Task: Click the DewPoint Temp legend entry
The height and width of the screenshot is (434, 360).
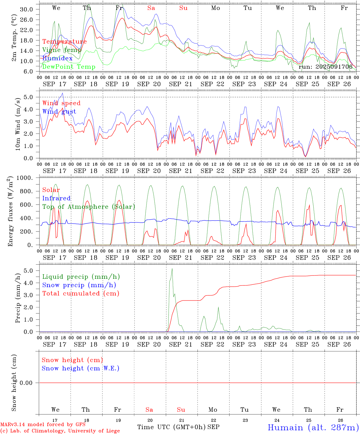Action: [69, 67]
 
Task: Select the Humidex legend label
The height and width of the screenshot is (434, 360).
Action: [57, 58]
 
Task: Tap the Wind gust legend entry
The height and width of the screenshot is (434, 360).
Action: [59, 112]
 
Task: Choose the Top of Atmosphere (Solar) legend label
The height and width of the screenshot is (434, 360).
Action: [89, 207]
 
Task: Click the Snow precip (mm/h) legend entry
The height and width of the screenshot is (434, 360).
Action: [79, 285]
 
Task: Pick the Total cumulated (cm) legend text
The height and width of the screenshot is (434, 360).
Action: [81, 294]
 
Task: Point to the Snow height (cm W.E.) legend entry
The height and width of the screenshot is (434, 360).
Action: [81, 368]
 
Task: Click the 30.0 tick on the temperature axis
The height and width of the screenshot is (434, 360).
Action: [27, 9]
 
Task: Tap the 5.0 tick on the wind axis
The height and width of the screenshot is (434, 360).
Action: [28, 97]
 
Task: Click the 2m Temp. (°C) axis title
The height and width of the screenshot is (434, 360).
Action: [14, 41]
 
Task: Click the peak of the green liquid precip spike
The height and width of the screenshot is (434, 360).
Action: [172, 269]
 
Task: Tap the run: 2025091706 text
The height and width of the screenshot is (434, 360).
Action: [325, 67]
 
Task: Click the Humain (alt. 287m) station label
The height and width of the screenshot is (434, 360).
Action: [313, 428]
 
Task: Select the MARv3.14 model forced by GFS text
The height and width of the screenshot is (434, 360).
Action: [43, 425]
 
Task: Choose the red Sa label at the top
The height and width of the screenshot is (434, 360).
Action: [151, 8]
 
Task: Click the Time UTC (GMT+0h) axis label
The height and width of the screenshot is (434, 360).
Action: [172, 427]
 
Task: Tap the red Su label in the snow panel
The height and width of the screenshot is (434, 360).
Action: [181, 410]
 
